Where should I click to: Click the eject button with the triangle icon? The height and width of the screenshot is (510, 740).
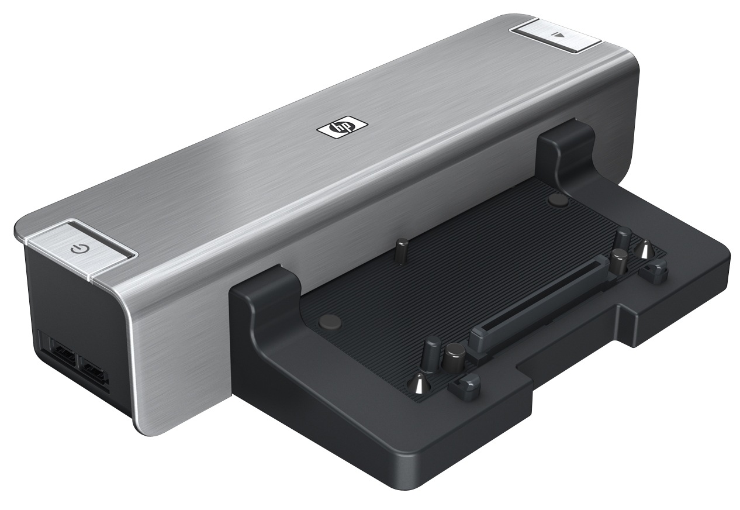tap(558, 36)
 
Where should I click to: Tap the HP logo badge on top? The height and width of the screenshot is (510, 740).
tap(341, 127)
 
